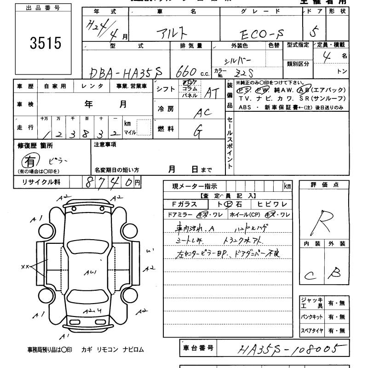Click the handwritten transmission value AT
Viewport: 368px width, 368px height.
coord(211,93)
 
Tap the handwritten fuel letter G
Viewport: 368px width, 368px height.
coord(199,132)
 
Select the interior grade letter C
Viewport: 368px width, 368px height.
coord(309,275)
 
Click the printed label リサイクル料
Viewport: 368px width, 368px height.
coord(41,182)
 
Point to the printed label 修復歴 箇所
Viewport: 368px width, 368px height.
coord(35,145)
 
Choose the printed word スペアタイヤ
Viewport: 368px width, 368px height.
coord(312,330)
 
